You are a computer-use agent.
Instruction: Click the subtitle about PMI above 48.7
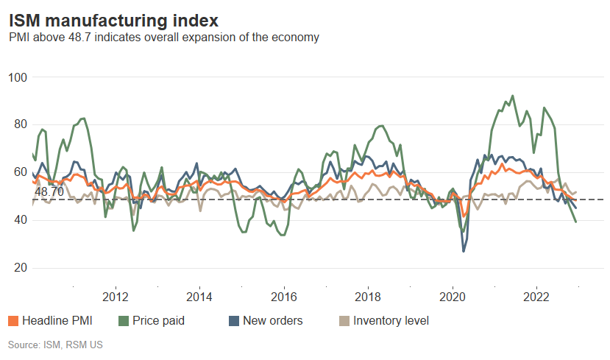163,37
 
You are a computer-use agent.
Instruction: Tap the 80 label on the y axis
20,124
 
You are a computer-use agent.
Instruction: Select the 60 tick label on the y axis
20,172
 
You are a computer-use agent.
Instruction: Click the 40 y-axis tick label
20,220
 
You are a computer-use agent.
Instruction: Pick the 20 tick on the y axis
20,268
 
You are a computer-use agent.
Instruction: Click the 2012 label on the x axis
116,297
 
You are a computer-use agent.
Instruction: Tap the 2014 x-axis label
199,297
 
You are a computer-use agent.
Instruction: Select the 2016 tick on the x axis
283,297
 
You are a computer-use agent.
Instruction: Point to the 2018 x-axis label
367,297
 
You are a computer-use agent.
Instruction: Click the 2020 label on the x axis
452,297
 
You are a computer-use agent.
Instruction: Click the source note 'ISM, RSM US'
55,345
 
